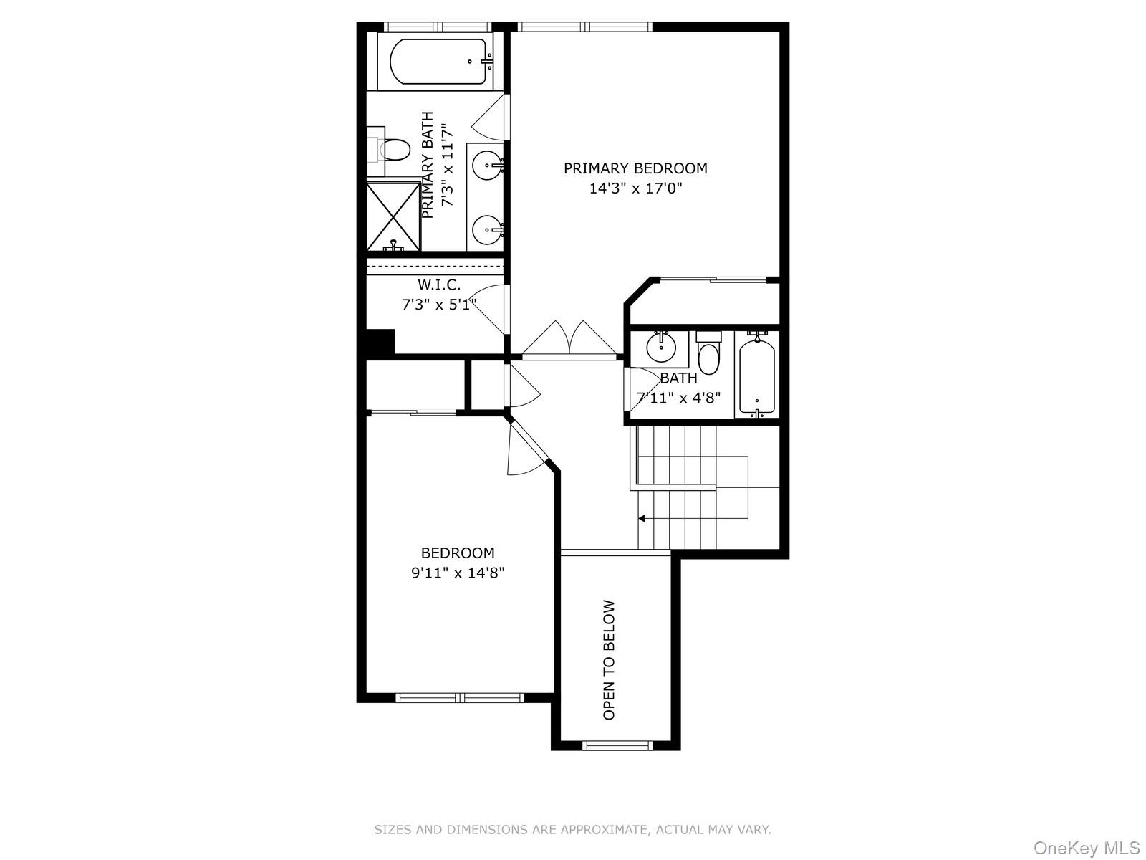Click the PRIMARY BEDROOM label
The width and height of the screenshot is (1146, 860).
(x=635, y=168)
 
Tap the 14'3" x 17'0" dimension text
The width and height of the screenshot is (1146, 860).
(x=635, y=189)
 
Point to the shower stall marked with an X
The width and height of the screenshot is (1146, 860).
(x=393, y=216)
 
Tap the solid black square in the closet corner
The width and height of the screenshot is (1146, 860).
(x=380, y=341)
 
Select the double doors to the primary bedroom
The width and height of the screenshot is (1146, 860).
(x=569, y=339)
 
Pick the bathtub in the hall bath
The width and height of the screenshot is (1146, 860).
(x=757, y=376)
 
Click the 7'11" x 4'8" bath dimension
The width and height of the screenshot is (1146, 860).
(x=678, y=398)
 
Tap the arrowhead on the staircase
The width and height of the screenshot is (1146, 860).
(x=642, y=518)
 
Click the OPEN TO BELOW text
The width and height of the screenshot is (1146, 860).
(x=610, y=659)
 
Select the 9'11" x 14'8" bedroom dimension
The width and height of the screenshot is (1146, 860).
(x=458, y=573)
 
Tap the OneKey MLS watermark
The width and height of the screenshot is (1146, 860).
(x=1086, y=849)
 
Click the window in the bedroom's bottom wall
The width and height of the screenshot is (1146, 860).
(x=461, y=697)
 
